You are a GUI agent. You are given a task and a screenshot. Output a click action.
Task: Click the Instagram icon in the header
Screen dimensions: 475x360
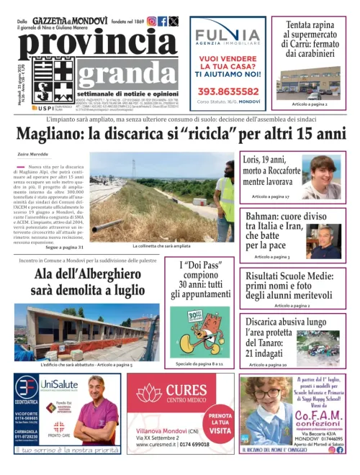click(x=151, y=22)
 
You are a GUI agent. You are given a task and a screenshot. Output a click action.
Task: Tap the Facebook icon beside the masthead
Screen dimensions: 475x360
click(x=162, y=22)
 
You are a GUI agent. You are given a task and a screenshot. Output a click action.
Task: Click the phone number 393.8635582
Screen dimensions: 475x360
click(x=229, y=91)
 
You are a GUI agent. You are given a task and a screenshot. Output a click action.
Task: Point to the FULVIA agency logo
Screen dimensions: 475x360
click(x=229, y=35)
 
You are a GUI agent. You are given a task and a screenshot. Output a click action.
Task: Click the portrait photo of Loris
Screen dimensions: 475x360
click(x=320, y=176)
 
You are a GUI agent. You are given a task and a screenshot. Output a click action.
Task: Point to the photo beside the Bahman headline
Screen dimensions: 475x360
click(x=324, y=239)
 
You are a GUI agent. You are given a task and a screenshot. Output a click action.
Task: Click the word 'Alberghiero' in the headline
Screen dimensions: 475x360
click(x=106, y=274)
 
